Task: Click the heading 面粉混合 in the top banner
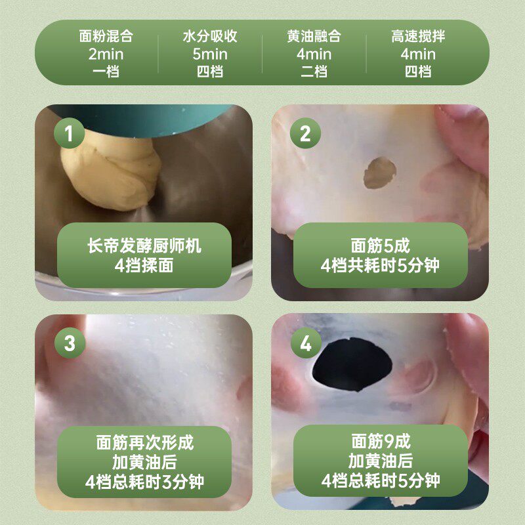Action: [106, 37]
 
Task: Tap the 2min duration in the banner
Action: [106, 54]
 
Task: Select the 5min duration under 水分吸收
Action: [210, 54]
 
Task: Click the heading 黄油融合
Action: [314, 37]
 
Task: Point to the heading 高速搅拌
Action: [418, 37]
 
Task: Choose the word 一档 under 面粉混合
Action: [106, 71]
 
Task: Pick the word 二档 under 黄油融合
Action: [314, 71]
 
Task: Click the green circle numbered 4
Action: [305, 343]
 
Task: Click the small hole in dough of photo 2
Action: [380, 174]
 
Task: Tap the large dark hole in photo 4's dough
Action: [353, 365]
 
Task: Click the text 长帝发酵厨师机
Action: [144, 247]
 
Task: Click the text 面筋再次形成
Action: [144, 441]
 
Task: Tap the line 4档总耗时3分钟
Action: [144, 482]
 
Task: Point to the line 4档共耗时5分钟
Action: [380, 266]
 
